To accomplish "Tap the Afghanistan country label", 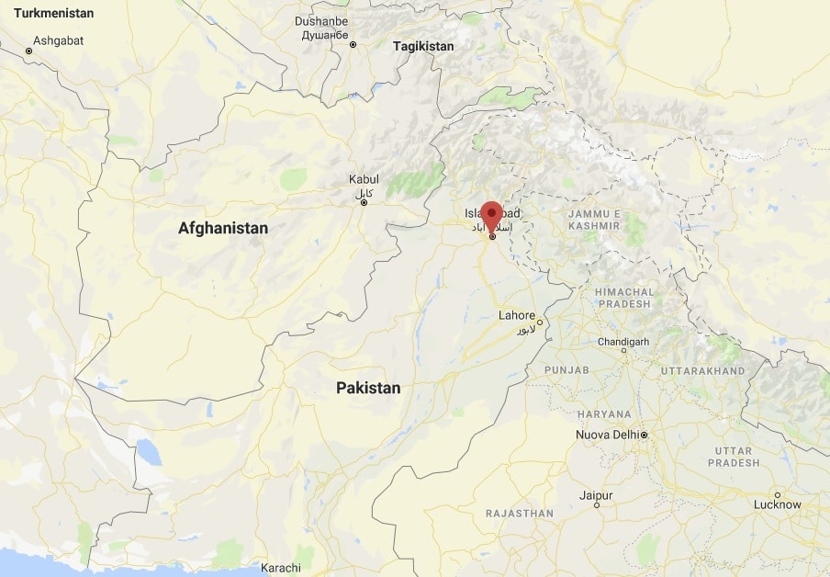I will pos(223,228).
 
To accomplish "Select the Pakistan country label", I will pos(368,388).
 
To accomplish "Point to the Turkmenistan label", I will pos(47,14).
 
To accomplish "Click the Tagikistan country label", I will pos(422,45).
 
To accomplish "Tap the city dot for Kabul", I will pos(364,202).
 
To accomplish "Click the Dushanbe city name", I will pos(321,21).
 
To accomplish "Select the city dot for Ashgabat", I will pos(28,51).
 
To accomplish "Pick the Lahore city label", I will pos(516,315).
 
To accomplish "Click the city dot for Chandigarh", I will pos(623,350).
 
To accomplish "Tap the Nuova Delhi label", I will pos(607,435).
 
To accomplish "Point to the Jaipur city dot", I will pos(597,504).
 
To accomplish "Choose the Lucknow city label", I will pos(775,504).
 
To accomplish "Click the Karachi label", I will pos(280,567).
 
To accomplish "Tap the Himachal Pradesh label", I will pos(624,299).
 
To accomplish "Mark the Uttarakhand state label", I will pos(702,371).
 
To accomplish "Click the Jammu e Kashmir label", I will pos(594,220).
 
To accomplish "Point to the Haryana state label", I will pos(605,414).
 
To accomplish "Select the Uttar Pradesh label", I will pos(734,457).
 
